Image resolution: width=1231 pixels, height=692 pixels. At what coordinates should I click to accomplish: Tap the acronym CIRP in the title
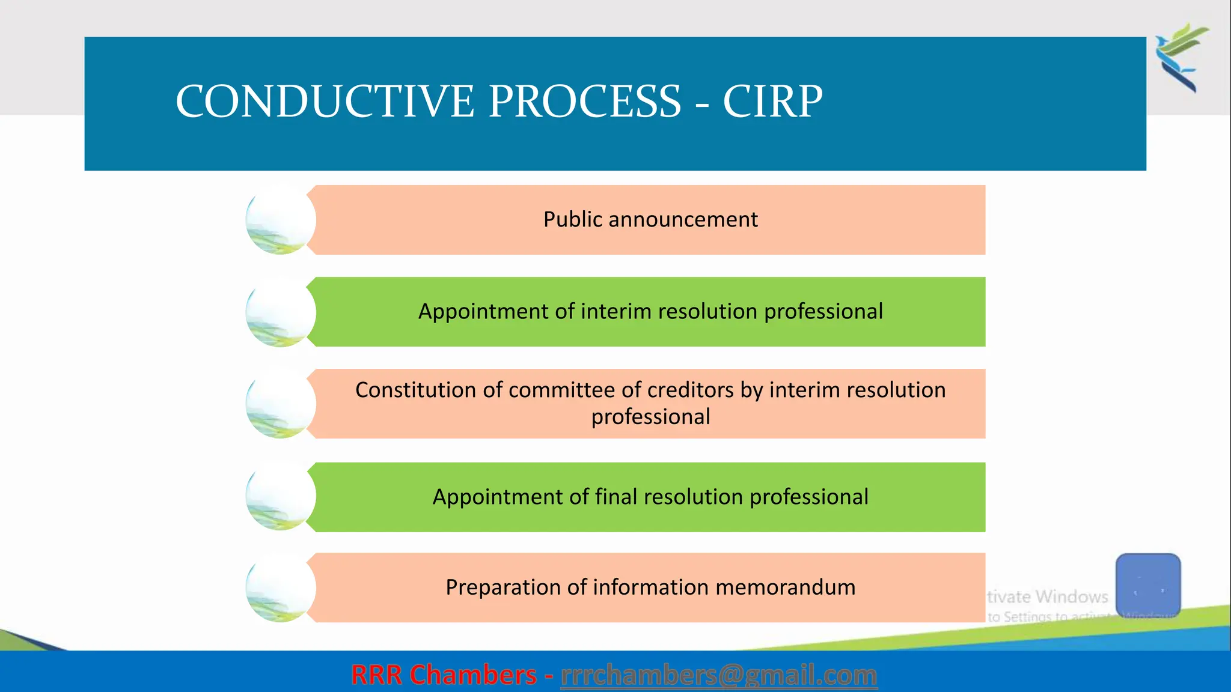tap(772, 101)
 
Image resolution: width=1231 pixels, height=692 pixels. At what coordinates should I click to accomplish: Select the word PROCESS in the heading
tap(585, 101)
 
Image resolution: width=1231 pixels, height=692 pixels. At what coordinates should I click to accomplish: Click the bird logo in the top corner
tap(1182, 57)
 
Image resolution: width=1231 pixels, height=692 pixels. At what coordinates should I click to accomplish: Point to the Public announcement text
tap(650, 220)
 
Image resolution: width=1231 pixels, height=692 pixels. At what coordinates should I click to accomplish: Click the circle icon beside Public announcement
tap(280, 220)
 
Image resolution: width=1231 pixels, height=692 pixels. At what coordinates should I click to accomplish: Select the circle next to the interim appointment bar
tap(280, 312)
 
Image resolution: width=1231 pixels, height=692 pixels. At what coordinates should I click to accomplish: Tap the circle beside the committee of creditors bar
tap(280, 404)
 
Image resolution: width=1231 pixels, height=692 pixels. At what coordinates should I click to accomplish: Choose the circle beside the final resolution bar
tap(280, 496)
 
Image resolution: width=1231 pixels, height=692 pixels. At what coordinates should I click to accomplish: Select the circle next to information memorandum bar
tap(280, 587)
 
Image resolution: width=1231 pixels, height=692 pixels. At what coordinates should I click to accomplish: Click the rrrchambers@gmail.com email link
tap(719, 675)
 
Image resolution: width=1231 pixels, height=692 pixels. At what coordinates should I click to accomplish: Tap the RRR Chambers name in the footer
tap(444, 675)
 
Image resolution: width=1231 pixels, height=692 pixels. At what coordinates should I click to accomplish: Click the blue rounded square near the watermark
tap(1148, 584)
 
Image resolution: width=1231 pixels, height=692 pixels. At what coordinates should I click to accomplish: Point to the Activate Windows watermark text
tap(1048, 597)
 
